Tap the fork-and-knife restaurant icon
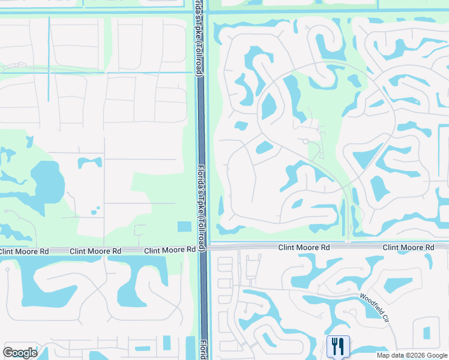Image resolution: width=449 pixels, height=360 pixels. (338, 346)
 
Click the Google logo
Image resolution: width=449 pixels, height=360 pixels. (20, 353)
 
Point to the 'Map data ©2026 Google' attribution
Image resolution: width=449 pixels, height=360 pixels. (412, 355)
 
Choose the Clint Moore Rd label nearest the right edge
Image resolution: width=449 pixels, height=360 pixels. (408, 247)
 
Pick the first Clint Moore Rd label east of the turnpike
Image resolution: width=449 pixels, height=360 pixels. (304, 247)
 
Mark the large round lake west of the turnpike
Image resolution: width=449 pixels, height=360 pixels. (47, 181)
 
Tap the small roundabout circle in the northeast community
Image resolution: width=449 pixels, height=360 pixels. (306, 142)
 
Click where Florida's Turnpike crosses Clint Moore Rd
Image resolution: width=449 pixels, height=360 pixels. (203, 247)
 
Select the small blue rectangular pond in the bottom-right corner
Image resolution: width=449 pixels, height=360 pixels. (427, 333)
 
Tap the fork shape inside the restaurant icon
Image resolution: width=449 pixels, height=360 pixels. (334, 346)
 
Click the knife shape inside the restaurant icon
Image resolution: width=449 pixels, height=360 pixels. (341, 346)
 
